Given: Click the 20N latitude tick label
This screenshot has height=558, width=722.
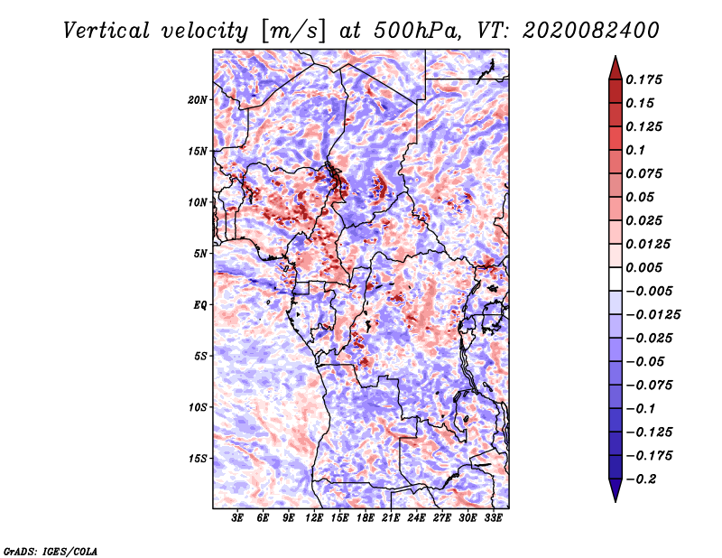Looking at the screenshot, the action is (197, 100).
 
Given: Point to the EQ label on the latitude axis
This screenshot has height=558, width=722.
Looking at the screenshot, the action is (199, 305).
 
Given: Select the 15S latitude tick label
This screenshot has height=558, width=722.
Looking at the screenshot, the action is (197, 459).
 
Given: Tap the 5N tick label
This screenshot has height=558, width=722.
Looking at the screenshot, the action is (200, 254).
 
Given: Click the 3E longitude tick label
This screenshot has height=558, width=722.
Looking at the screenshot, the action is (237, 517).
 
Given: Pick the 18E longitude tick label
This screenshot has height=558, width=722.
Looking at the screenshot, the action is (365, 517).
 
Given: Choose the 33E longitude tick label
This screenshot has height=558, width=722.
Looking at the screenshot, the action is (493, 517).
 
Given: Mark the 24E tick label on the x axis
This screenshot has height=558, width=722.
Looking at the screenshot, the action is (416, 517).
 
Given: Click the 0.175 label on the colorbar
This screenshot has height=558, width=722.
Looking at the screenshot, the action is (643, 79).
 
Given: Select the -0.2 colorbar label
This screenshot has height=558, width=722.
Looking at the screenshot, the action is (641, 479).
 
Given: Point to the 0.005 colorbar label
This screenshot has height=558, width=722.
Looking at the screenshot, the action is (643, 267).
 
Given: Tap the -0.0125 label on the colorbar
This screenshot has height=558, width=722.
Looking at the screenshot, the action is (653, 315).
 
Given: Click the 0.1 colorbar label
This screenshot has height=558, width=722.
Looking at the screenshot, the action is (635, 150).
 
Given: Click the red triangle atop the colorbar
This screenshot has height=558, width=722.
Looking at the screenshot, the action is (616, 68).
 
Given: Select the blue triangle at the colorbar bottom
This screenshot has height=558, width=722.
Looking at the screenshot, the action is (616, 490).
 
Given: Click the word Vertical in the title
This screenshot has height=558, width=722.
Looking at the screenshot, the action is (106, 31).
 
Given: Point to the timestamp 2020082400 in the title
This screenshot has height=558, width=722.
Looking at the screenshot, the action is (591, 31).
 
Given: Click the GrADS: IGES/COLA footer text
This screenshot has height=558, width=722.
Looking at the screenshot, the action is (51, 552).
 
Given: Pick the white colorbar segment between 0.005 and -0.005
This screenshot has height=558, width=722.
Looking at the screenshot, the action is (616, 279).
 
